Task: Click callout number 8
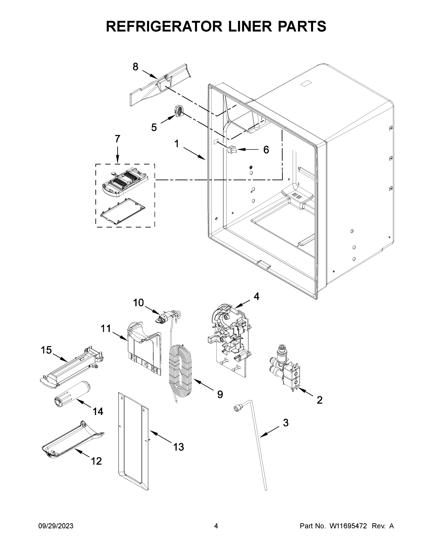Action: coord(135,67)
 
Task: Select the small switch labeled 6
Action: coord(232,149)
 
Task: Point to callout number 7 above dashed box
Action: coord(117,139)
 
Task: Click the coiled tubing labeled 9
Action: coord(180,368)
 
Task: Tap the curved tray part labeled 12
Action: coord(73,442)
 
